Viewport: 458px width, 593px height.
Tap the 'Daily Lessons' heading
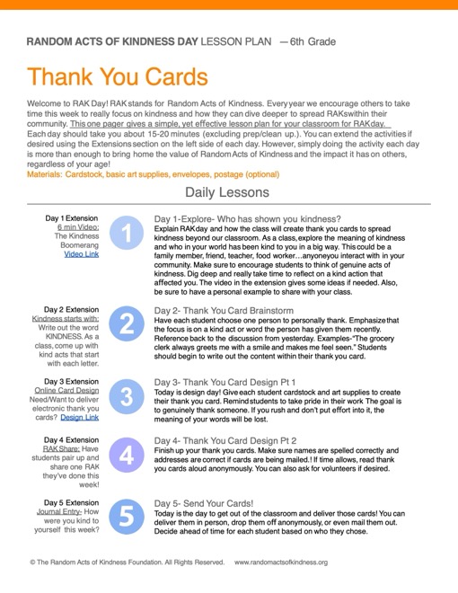[x=226, y=192]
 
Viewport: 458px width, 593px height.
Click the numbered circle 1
[x=127, y=235]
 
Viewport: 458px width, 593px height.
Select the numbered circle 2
[x=127, y=323]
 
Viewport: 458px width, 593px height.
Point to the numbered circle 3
[x=127, y=394]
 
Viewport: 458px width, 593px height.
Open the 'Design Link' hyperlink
[x=80, y=417]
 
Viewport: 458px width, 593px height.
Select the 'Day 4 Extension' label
[x=73, y=440]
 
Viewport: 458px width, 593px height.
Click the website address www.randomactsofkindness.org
[x=281, y=562]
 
